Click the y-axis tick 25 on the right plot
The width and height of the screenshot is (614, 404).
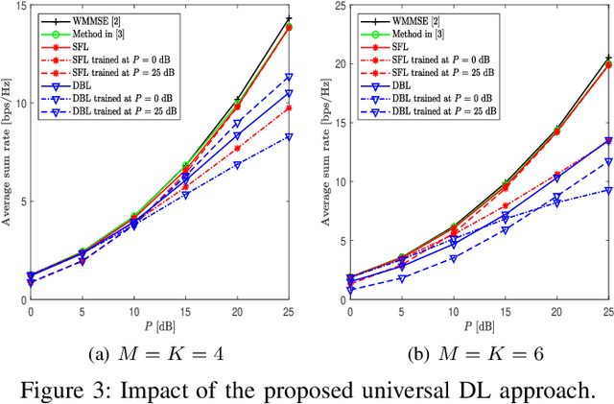339,7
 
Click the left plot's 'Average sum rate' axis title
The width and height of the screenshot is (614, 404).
8,154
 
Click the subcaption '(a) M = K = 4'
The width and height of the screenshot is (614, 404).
155,354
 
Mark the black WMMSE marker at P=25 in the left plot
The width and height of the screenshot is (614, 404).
289,18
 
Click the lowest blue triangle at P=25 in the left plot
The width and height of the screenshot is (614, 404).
289,137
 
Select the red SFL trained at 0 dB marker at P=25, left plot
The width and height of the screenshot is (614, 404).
289,107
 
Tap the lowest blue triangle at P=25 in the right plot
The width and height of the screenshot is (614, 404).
608,191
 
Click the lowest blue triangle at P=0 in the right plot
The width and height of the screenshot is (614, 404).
350,290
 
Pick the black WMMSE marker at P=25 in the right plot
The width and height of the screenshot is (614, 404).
608,59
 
